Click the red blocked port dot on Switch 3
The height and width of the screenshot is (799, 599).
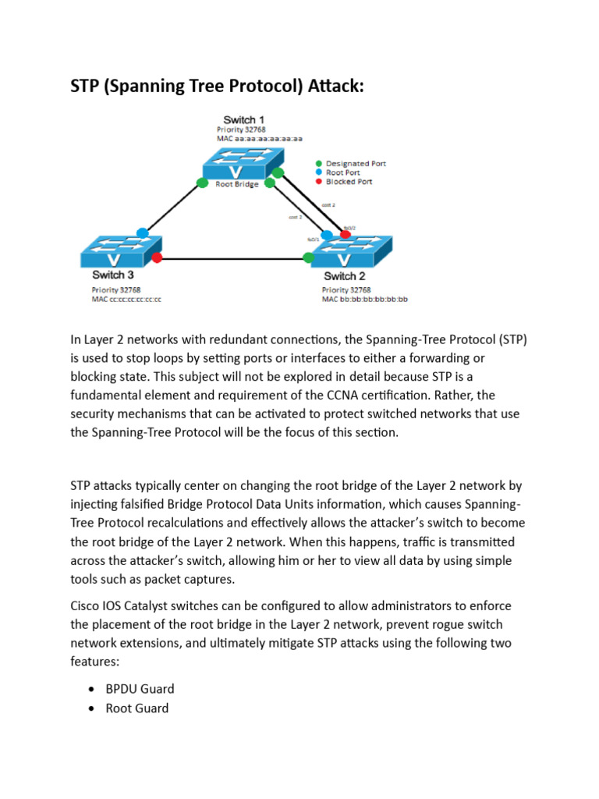tap(157, 257)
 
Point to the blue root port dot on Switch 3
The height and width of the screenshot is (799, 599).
tap(142, 233)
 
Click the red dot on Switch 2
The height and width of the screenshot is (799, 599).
tap(345, 233)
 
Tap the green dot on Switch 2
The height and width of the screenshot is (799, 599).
tap(308, 257)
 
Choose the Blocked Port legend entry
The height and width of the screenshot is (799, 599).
tap(349, 181)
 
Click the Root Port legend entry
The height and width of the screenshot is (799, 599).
tap(344, 172)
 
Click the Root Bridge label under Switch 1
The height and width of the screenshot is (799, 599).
tap(236, 185)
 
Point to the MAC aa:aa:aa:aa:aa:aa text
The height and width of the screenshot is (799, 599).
tap(260, 138)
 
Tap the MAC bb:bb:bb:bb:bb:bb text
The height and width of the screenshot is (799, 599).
tap(365, 299)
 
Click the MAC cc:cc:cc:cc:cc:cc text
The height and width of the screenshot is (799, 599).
tap(126, 299)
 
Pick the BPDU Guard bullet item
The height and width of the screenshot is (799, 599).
tap(140, 689)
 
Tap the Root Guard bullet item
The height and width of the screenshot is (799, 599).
tap(136, 708)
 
